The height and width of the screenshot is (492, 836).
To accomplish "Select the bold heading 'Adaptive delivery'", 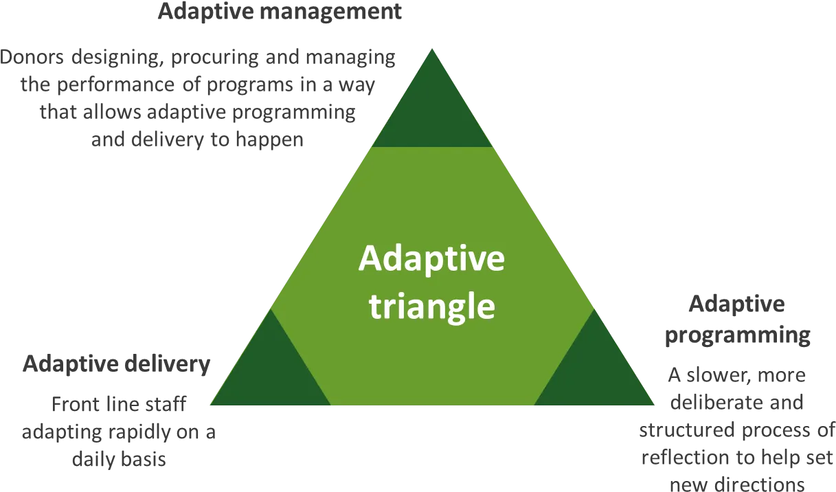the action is click(117, 364).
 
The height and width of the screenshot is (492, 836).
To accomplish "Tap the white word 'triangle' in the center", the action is click(432, 306).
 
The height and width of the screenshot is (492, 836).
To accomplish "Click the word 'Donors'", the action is click(32, 57).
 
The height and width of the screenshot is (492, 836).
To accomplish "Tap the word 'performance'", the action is click(115, 85).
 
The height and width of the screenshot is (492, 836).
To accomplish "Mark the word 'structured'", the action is click(688, 430).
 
